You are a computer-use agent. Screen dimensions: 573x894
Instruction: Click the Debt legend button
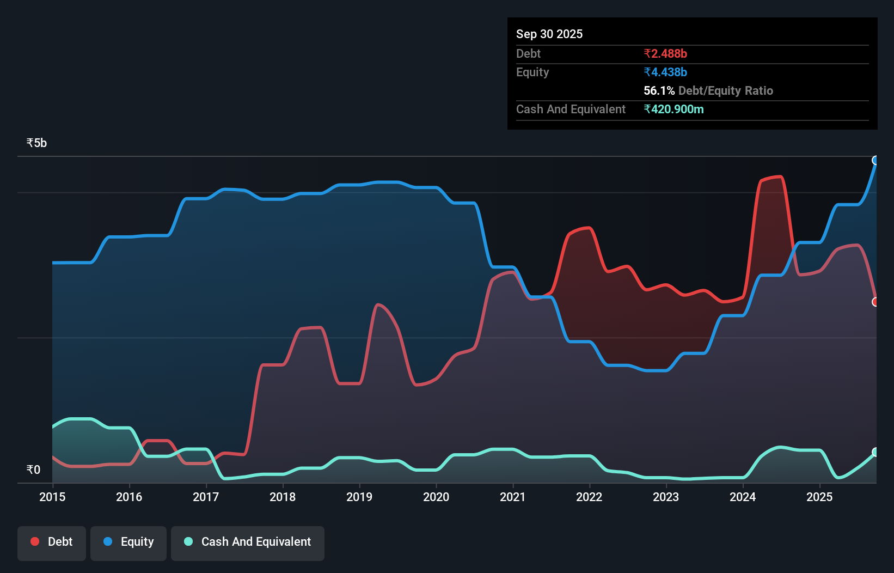[x=52, y=542]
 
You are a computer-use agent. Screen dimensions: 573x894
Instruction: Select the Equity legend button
[x=128, y=542]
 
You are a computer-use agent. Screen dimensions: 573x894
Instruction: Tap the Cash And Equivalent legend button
[x=248, y=542]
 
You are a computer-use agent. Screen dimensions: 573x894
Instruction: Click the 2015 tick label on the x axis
[x=52, y=497]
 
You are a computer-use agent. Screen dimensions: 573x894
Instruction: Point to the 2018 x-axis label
[x=283, y=497]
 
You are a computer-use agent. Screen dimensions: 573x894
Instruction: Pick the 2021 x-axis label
[x=513, y=497]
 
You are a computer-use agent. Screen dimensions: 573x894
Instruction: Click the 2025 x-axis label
[x=819, y=497]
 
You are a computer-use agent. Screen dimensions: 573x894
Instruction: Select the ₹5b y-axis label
[x=36, y=143]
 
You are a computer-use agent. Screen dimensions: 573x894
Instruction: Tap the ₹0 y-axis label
[x=33, y=470]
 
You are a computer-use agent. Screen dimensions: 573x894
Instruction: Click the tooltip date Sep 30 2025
[x=549, y=34]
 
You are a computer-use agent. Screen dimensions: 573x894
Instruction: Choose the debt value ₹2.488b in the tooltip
[x=665, y=53]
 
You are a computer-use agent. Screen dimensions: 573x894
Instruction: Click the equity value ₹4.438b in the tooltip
[x=665, y=72]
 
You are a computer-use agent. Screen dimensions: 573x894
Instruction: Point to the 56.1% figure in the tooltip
[x=659, y=90]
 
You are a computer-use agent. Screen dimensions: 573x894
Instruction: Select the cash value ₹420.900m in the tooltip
[x=673, y=109]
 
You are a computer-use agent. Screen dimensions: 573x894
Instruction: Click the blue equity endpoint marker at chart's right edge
[x=875, y=160]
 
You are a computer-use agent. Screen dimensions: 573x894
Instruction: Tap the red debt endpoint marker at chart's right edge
[x=875, y=302]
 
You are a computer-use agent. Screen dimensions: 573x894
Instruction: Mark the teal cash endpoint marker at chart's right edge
[x=875, y=452]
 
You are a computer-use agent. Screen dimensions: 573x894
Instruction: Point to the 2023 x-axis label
[x=666, y=497]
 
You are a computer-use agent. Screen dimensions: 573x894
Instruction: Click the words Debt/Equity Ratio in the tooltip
[x=725, y=90]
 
